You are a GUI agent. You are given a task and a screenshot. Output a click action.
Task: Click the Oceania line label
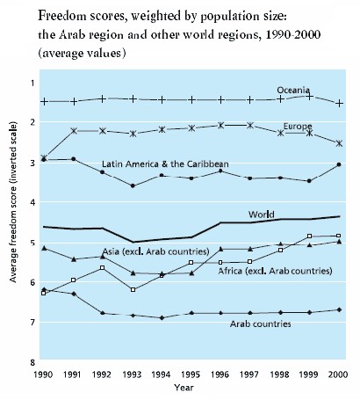[293, 90]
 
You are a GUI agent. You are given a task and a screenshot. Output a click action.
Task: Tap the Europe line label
[298, 127]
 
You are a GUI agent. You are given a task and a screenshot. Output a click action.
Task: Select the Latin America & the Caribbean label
[165, 164]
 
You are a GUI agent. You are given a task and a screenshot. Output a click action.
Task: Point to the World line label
[262, 215]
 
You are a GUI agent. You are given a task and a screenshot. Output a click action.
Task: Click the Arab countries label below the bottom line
[261, 324]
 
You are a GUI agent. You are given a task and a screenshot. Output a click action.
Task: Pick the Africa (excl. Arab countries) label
[275, 271]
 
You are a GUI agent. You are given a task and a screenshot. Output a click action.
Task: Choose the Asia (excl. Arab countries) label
[155, 251]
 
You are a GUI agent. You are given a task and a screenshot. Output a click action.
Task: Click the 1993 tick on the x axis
[132, 375]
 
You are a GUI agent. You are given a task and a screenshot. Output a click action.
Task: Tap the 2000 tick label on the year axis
[338, 375]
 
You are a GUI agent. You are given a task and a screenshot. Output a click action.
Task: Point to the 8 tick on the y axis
[32, 362]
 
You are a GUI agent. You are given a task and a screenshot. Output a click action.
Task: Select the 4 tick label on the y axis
[32, 202]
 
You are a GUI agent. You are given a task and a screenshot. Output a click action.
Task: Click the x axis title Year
[184, 388]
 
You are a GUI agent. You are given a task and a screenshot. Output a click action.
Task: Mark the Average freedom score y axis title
[13, 202]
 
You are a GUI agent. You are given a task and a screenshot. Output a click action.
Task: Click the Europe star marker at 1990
[44, 158]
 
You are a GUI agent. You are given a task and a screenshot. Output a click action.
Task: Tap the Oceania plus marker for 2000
[339, 104]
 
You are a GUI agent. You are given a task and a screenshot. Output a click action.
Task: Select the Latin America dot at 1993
[133, 185]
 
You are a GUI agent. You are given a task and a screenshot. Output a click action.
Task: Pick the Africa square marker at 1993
[133, 289]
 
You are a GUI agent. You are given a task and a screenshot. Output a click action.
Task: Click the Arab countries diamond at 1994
[162, 317]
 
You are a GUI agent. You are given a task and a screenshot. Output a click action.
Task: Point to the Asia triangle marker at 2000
[339, 242]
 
